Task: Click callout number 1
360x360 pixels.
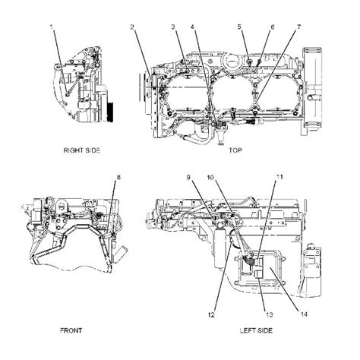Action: click(x=52, y=27)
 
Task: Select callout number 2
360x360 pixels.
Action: click(x=132, y=27)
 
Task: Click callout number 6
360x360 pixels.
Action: click(x=271, y=27)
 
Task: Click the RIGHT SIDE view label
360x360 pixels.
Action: click(x=81, y=150)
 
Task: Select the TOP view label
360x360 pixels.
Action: click(x=236, y=150)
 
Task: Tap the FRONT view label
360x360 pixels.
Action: click(x=71, y=330)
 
